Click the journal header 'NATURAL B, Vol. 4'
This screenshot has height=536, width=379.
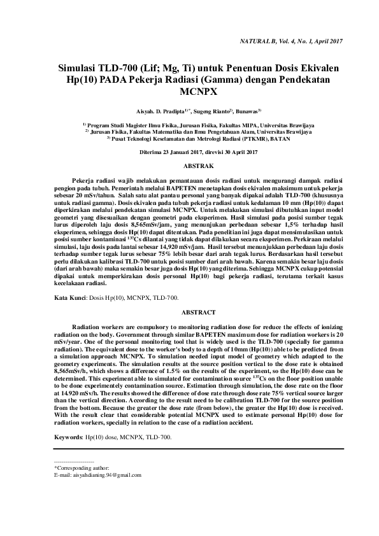coord(268,41)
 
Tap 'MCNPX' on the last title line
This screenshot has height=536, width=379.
coord(189,90)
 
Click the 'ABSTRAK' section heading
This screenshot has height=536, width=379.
coord(189,165)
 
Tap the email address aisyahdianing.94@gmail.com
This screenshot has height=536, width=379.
coord(106,475)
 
